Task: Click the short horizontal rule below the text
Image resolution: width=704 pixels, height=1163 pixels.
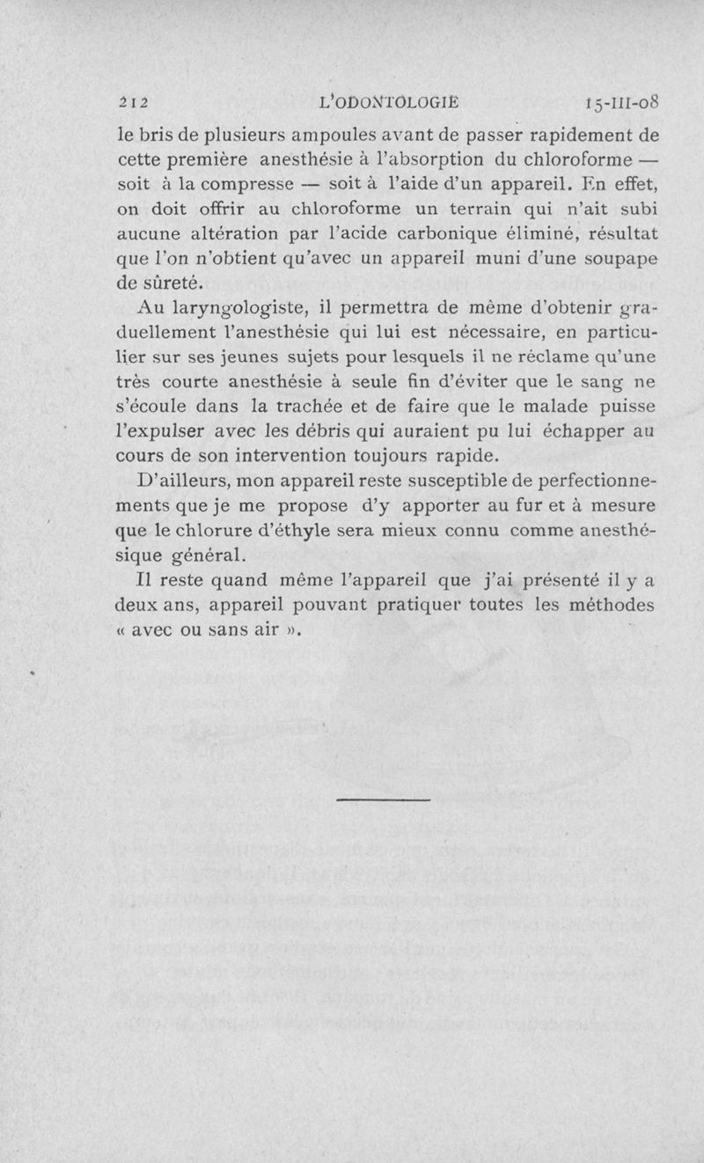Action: tap(383, 799)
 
